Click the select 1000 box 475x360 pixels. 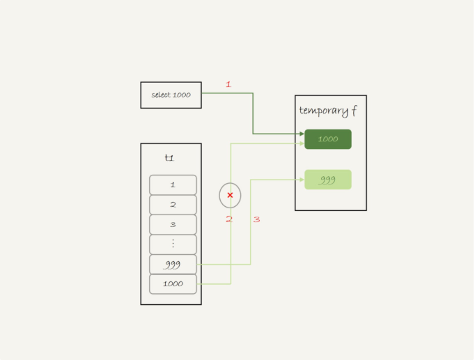171,95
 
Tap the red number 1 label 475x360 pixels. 228,84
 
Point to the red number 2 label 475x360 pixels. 228,219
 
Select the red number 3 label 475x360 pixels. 256,219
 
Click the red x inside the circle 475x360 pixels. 230,195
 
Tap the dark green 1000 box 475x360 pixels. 327,139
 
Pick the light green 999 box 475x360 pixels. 327,180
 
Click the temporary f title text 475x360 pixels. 328,111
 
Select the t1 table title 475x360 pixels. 169,158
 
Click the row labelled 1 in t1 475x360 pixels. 173,185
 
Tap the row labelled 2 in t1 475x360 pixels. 173,205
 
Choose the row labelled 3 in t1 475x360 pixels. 173,224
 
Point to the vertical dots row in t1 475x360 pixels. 173,244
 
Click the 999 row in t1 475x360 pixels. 173,265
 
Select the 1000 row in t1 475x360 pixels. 173,284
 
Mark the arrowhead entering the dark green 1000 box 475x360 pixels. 302,134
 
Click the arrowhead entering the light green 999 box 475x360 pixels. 302,180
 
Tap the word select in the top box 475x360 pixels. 161,95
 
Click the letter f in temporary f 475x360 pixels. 354,111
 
